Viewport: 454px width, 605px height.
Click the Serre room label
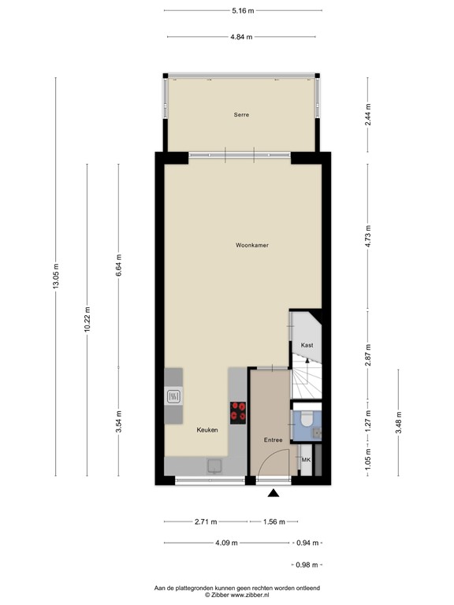(241, 115)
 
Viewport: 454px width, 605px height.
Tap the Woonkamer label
(252, 246)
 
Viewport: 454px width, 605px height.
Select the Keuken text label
(208, 430)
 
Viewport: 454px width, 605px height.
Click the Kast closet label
(307, 345)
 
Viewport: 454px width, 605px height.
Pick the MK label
(307, 458)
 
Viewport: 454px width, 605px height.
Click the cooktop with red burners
(237, 410)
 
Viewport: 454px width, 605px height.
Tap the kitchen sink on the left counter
(173, 396)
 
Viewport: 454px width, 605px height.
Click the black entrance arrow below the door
(274, 494)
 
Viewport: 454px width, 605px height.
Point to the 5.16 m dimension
(243, 10)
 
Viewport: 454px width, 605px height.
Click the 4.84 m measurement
(243, 36)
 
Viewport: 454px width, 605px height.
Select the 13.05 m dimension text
(56, 277)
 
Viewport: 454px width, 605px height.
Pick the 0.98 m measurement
(305, 564)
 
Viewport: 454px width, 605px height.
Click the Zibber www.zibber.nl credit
(243, 595)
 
